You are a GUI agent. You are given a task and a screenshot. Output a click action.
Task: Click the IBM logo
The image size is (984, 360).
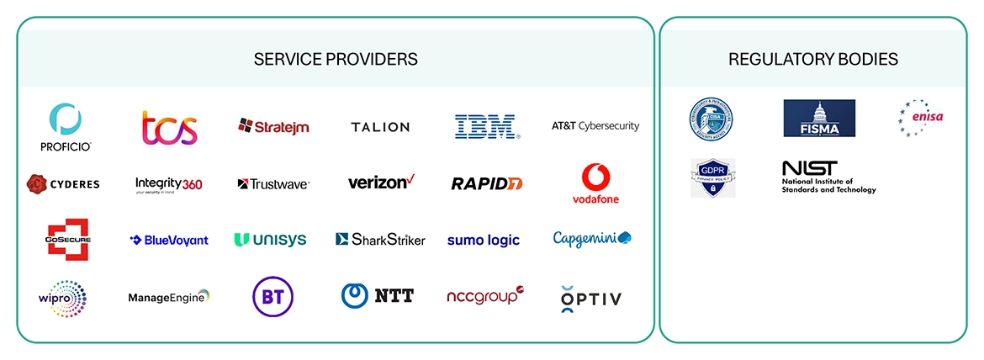click(x=487, y=127)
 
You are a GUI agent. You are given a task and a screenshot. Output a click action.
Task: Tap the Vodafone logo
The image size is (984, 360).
click(x=595, y=184)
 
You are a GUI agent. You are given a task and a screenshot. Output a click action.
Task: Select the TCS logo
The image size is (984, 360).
click(x=169, y=128)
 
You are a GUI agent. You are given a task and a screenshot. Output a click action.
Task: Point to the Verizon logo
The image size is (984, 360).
click(x=381, y=182)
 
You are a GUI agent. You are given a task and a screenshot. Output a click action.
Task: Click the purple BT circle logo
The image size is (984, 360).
click(x=272, y=296)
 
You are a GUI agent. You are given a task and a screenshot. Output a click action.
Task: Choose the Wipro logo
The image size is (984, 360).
click(x=62, y=297)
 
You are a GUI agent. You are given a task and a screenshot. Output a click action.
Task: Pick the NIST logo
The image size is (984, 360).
click(x=828, y=177)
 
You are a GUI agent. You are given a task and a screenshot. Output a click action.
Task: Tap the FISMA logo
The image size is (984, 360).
click(x=818, y=119)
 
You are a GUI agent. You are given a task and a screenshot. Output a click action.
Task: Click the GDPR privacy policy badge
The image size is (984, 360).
click(x=712, y=178)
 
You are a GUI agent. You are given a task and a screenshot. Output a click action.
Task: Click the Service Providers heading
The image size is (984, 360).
click(x=336, y=60)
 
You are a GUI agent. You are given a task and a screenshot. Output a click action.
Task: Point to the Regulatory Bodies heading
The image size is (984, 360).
click(x=812, y=60)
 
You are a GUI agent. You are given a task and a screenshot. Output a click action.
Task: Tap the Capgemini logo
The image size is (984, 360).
click(x=592, y=239)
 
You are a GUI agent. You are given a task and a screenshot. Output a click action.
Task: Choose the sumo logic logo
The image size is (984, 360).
click(x=484, y=240)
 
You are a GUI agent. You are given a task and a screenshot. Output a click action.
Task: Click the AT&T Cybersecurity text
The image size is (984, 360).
click(x=595, y=126)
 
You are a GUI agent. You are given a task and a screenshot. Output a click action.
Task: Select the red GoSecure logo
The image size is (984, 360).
click(x=68, y=240)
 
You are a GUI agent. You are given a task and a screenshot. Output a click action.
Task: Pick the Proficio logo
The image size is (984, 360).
click(x=65, y=127)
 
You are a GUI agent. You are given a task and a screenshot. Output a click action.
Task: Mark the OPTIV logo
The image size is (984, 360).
click(x=590, y=299)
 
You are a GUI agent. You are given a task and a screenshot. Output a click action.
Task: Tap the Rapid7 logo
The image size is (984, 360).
click(x=486, y=183)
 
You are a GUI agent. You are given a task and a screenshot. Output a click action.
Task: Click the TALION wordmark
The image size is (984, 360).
click(x=380, y=127)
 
